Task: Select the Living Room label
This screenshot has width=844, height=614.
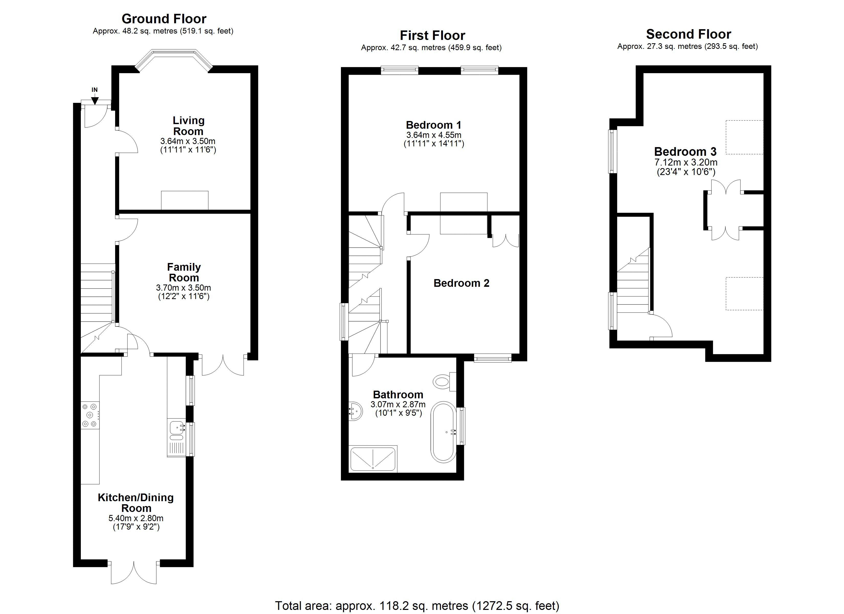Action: (x=188, y=126)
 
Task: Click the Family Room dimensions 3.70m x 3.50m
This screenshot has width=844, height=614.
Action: (x=183, y=288)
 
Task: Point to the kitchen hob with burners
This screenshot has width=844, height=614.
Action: (x=90, y=415)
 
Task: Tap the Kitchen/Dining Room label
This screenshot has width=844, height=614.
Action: (x=136, y=503)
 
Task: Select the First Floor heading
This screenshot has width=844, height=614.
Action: (x=432, y=35)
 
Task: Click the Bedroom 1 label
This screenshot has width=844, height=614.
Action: (x=434, y=125)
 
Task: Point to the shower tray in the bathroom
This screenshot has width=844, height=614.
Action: (x=373, y=459)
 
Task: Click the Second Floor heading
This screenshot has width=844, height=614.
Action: (x=688, y=34)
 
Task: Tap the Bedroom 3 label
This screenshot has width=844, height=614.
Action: (x=685, y=151)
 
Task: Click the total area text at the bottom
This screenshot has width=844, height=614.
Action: (x=417, y=606)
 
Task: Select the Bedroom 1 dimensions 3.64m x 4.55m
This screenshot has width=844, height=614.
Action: (x=434, y=135)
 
